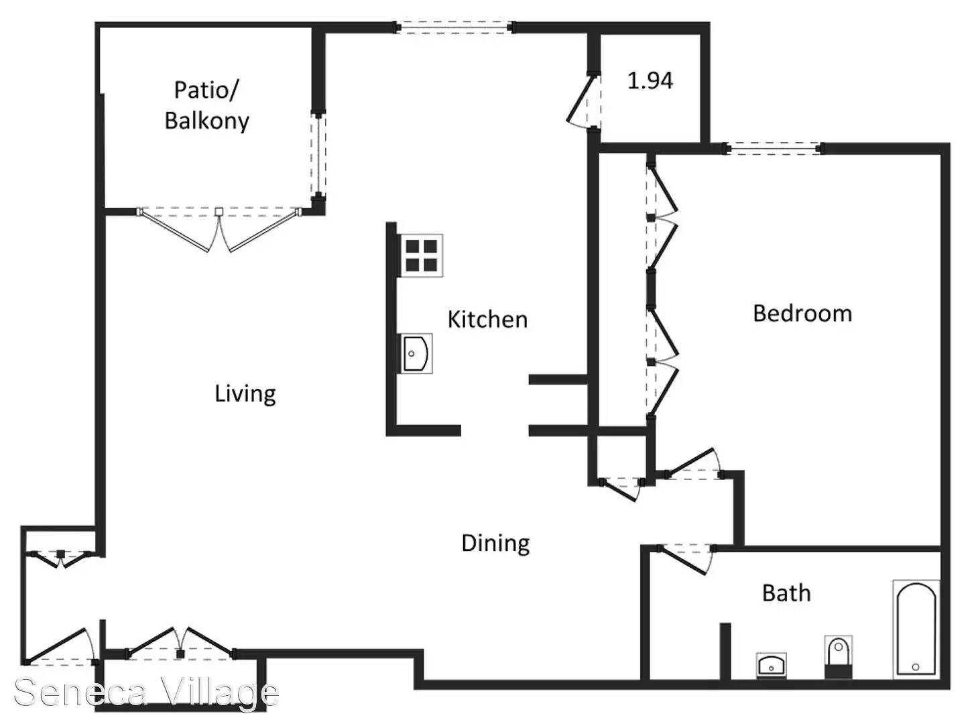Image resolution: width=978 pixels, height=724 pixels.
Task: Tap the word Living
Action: (x=245, y=394)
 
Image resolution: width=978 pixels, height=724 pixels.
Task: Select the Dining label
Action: (x=495, y=543)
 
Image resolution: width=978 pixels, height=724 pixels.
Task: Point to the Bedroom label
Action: (x=802, y=314)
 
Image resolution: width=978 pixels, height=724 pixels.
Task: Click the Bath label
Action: (x=786, y=593)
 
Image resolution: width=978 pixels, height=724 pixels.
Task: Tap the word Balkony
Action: (x=207, y=121)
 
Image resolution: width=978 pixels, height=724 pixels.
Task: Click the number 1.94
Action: (x=650, y=80)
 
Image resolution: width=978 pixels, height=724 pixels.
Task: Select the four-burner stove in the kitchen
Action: (x=421, y=255)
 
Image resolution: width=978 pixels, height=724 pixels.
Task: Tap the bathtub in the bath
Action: (x=916, y=629)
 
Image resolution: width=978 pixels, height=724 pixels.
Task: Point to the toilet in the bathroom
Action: (x=838, y=657)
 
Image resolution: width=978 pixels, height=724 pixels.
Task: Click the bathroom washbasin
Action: (x=771, y=666)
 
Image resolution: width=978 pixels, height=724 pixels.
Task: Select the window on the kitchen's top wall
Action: (x=454, y=27)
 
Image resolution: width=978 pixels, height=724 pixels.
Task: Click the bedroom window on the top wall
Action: (x=772, y=148)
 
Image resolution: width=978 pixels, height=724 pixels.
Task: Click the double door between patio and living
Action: (x=220, y=229)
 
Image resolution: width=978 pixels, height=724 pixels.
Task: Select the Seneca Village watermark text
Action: (x=146, y=692)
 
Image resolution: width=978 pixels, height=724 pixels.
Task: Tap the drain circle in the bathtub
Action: (x=916, y=667)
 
